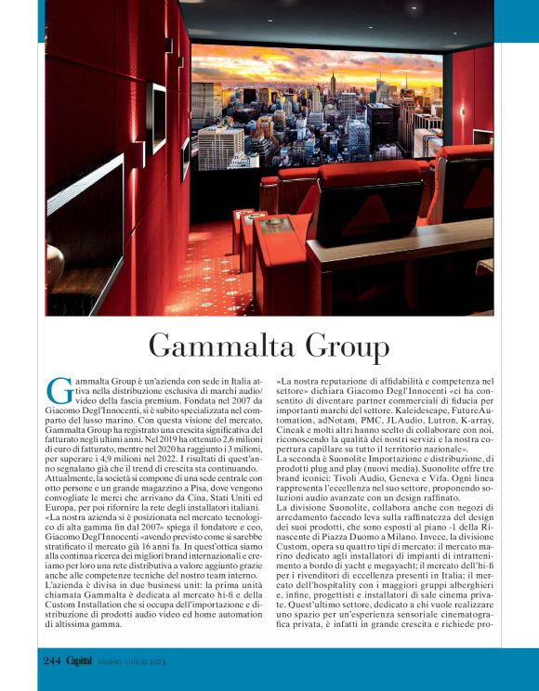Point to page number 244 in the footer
pos(51,660)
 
